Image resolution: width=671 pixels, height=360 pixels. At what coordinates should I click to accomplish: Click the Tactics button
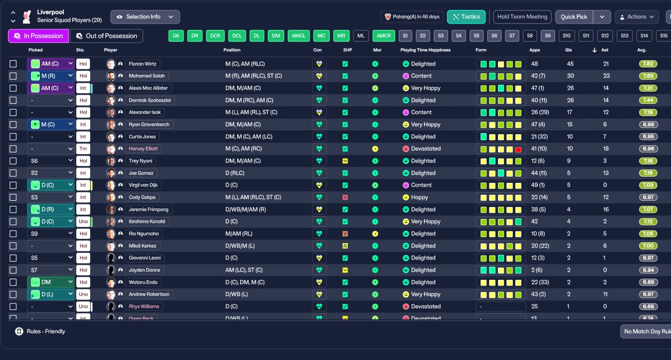click(466, 17)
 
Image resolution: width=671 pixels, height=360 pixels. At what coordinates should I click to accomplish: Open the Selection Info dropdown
click(145, 17)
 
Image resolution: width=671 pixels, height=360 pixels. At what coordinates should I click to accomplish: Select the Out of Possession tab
click(106, 36)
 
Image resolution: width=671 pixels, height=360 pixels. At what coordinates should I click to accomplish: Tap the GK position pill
click(176, 36)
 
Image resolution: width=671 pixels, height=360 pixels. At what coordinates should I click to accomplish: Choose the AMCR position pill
click(384, 36)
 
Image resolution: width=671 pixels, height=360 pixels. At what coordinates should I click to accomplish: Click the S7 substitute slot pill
click(512, 36)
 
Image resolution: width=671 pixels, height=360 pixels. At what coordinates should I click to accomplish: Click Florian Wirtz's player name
click(143, 64)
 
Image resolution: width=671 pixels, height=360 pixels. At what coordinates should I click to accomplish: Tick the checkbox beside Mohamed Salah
click(13, 76)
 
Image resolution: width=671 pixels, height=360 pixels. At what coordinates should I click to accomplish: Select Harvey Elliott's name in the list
click(143, 149)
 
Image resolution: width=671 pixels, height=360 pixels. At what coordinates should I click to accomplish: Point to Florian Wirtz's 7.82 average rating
click(648, 64)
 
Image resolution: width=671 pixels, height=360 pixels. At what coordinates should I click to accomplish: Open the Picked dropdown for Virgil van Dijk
click(51, 185)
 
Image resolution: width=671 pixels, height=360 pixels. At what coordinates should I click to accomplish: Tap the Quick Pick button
click(574, 17)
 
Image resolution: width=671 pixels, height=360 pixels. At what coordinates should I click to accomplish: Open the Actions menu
click(636, 17)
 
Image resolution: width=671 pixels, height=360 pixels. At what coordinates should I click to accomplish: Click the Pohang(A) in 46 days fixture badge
click(412, 17)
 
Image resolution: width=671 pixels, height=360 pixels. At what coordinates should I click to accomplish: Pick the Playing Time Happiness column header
click(425, 50)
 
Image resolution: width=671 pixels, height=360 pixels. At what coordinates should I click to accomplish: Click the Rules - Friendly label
click(46, 331)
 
